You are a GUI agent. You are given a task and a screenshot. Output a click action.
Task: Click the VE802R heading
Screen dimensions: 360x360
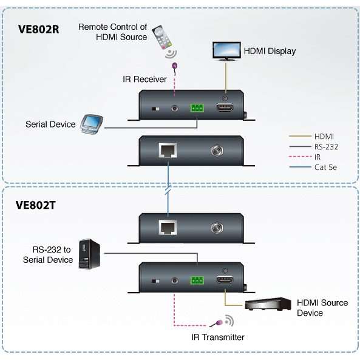(x=38, y=28)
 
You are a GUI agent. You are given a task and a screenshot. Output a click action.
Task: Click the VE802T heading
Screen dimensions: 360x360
(x=36, y=205)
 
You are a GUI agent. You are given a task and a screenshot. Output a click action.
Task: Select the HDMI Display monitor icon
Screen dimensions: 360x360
(x=226, y=50)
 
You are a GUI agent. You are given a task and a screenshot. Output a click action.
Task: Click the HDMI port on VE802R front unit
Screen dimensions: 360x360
(x=225, y=109)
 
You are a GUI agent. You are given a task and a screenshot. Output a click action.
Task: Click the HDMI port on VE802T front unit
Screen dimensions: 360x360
(x=225, y=280)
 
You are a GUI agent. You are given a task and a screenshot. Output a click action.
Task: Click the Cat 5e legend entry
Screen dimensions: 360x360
(x=326, y=167)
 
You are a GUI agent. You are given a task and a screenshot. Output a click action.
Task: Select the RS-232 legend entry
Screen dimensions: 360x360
(x=326, y=146)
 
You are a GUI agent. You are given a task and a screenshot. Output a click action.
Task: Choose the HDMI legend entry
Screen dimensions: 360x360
(x=324, y=136)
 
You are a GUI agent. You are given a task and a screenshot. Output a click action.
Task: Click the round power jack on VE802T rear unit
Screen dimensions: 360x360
(x=215, y=228)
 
